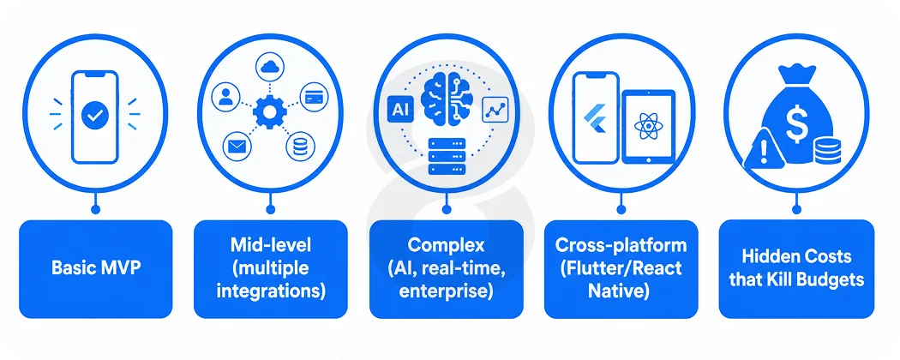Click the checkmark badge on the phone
pos(94,116)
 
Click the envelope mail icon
pos(236,147)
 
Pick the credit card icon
pos(314,97)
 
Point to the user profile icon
pos(226,97)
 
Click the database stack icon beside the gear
pos(300,147)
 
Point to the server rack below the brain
pos(446,157)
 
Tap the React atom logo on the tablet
pos(649,127)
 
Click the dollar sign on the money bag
pos(796,126)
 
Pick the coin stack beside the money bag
pos(827,150)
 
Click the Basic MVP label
pos(96,268)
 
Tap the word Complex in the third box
pos(446,246)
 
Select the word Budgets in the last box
pos(831,279)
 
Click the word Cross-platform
pos(621,245)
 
